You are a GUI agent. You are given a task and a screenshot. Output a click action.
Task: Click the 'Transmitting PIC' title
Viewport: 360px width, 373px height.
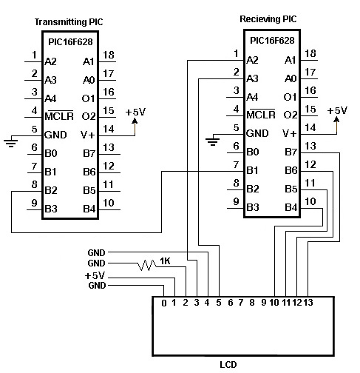[x=69, y=22]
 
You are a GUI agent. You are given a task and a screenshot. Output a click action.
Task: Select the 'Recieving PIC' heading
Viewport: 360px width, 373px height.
[x=268, y=19]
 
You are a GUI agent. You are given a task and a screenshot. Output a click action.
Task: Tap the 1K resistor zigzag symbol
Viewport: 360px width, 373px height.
[x=147, y=265]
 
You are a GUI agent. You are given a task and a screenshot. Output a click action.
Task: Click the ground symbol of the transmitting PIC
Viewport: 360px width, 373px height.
[x=11, y=143]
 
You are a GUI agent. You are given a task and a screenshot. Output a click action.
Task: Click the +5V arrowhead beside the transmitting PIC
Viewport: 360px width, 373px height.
[x=135, y=121]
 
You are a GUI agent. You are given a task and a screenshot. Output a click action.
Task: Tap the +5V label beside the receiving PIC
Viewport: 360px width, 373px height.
[x=337, y=110]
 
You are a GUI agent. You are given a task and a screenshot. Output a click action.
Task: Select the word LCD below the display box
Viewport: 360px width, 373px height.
[x=228, y=364]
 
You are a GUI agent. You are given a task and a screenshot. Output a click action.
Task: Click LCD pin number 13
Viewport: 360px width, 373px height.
[x=308, y=303]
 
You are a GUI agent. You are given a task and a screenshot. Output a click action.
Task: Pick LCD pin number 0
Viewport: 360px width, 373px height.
[x=164, y=303]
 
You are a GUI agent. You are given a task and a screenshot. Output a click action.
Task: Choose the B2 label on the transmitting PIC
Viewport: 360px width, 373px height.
[x=51, y=190]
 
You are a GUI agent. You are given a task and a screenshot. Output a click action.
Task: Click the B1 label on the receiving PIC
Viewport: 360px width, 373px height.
[x=252, y=170]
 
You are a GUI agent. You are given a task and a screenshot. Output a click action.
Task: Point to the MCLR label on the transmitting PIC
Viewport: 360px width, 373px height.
[x=59, y=115]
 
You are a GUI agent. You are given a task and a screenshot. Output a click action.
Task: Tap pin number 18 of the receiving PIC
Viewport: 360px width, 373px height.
[x=310, y=53]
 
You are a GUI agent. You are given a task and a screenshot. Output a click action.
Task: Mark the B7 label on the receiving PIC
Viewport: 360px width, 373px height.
[x=291, y=152]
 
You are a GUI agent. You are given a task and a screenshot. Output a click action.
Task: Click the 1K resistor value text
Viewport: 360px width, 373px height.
[x=165, y=261]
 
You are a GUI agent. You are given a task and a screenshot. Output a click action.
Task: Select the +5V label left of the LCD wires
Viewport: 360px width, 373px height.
[x=95, y=275]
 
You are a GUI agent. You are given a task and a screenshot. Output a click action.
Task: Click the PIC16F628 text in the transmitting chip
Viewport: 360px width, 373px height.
[x=70, y=42]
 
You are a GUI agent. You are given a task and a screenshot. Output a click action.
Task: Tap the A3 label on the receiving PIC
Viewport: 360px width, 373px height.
[x=252, y=79]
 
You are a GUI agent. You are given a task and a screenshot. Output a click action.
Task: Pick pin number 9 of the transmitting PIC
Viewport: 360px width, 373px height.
[x=35, y=203]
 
